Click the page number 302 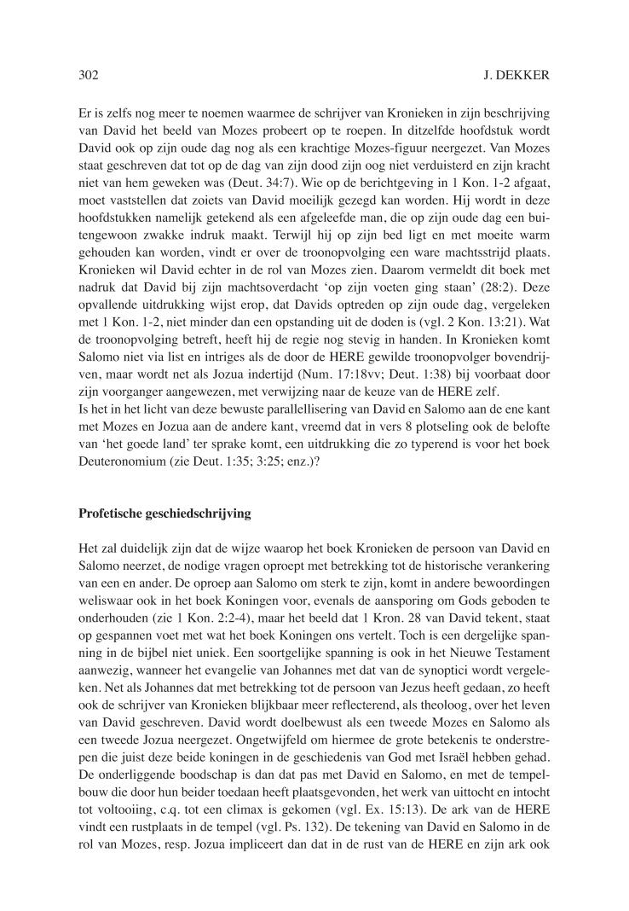tap(89, 76)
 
